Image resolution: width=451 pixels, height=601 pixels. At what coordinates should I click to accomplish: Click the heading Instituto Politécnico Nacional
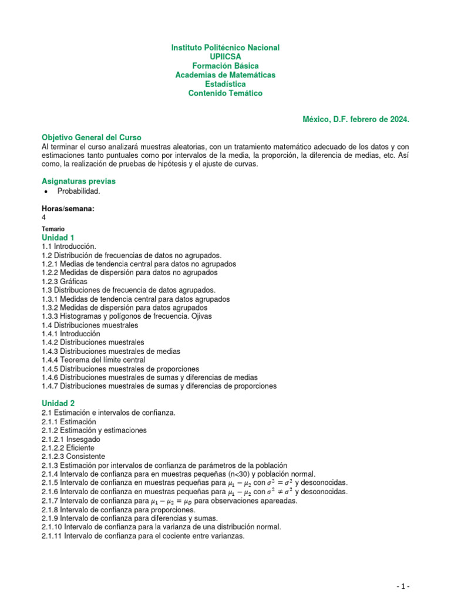pos(225,48)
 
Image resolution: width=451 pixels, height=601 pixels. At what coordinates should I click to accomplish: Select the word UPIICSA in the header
pos(225,57)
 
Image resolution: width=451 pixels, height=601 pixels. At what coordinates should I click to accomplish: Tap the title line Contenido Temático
pos(225,93)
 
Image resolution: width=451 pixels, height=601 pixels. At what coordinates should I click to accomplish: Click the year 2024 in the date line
pos(398,119)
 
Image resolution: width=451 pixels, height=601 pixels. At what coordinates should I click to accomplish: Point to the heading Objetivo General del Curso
pos(91,137)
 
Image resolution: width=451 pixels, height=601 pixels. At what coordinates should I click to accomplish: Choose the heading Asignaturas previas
pos(78,181)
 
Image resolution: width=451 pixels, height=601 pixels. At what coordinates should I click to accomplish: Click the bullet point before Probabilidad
pos(45,192)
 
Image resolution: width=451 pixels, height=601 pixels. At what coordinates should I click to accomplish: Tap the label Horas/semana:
pos(68,208)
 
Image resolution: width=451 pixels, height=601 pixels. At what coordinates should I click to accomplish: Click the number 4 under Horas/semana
pos(44,217)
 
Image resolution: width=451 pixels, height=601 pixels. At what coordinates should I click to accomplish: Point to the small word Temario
pos(53,229)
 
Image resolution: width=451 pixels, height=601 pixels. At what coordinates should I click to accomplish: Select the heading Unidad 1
pos(58,237)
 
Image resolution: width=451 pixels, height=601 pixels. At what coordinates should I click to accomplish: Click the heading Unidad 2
pos(58,404)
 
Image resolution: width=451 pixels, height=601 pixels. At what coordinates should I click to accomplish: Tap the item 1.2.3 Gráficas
pos(65,281)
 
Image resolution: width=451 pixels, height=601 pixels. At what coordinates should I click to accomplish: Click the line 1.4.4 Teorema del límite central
pos(93,360)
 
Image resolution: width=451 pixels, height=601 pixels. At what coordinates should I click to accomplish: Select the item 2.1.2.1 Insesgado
pos(70,439)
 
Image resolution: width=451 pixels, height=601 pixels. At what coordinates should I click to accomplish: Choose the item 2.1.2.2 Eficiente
pos(68,448)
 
